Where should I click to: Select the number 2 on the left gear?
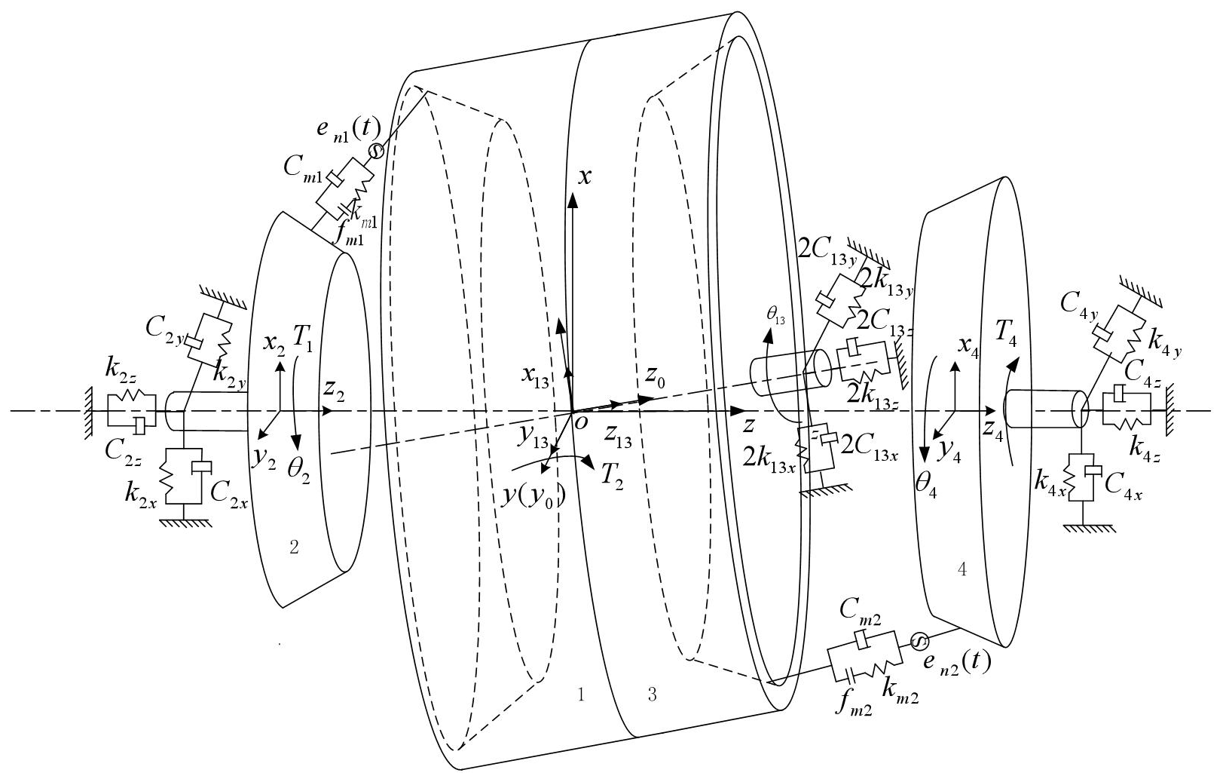pyautogui.click(x=295, y=548)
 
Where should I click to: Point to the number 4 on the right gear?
pyautogui.click(x=961, y=571)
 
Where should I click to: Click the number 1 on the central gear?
pyautogui.click(x=580, y=695)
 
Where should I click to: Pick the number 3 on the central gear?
pyautogui.click(x=652, y=695)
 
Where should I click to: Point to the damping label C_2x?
pyautogui.click(x=229, y=494)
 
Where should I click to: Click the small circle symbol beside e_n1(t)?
pyautogui.click(x=375, y=152)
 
